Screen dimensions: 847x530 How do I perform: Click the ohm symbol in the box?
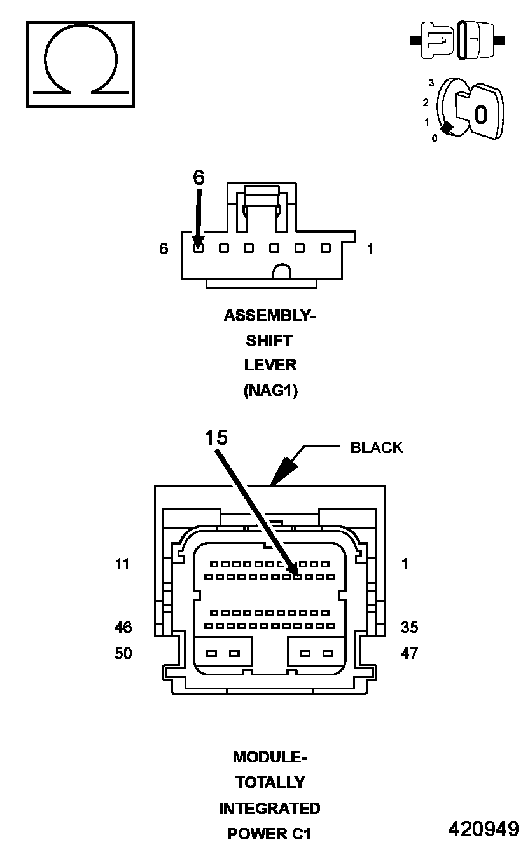pos(80,64)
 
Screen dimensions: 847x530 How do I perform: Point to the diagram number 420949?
pos(484,829)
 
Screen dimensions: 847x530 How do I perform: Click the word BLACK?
pos(377,447)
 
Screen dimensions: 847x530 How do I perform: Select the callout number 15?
pos(216,437)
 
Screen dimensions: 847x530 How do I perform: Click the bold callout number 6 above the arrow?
pos(199,178)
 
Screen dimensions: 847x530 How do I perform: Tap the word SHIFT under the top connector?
pos(269,341)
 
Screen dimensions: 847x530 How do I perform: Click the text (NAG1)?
pos(270,391)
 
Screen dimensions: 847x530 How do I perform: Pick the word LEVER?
pos(270,365)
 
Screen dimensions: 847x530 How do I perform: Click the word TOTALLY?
pos(270,782)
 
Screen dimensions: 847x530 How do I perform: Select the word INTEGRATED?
pos(270,808)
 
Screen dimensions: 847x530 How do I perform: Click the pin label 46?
pos(123,627)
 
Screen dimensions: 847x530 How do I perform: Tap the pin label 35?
pos(410,627)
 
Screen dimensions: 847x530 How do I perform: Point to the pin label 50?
pos(123,653)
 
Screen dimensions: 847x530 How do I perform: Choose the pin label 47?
pos(410,653)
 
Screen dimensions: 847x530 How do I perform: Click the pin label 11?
pos(122,564)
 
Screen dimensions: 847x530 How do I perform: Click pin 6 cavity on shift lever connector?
pos(199,248)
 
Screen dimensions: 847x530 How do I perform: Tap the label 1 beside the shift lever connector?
pos(370,249)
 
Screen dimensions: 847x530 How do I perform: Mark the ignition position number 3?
pos(431,83)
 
